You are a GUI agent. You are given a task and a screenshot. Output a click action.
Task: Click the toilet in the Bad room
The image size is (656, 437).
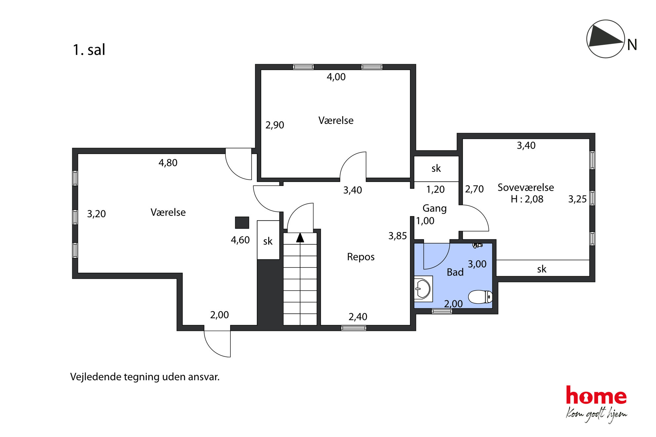click(480, 297)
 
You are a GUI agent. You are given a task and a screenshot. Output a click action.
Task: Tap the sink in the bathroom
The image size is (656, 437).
click(423, 289)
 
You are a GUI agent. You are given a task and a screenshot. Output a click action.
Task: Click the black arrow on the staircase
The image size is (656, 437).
click(300, 237)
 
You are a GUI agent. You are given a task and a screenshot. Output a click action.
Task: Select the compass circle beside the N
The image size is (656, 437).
click(605, 39)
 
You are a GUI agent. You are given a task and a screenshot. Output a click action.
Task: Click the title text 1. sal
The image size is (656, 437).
click(89, 50)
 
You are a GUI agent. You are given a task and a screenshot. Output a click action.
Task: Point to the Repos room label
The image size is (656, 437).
click(361, 257)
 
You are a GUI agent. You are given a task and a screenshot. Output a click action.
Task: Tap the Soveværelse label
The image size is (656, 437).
click(526, 187)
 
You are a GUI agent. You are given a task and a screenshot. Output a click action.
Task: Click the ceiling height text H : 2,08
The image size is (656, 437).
click(527, 199)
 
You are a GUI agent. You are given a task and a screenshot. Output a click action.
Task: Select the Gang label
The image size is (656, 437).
click(434, 208)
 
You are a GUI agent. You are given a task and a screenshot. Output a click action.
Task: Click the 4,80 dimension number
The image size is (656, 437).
click(168, 163)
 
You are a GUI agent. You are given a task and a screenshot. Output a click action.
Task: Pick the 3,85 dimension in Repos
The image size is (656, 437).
click(397, 236)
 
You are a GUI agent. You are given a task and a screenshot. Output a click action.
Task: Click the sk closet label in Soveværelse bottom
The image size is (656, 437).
click(542, 269)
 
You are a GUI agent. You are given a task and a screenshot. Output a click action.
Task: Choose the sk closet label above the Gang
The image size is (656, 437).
click(436, 168)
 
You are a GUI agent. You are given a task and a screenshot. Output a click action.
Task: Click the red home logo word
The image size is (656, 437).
click(596, 395)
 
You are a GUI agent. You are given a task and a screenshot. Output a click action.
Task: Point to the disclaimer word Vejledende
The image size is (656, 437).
click(96, 377)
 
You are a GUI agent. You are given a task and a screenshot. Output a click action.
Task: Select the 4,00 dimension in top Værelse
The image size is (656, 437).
click(336, 77)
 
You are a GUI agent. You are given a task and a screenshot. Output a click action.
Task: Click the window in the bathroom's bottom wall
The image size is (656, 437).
click(442, 311)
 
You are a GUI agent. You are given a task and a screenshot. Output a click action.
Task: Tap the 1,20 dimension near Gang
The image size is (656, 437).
click(435, 189)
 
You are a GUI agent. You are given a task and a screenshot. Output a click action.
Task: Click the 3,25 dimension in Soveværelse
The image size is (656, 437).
click(577, 199)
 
